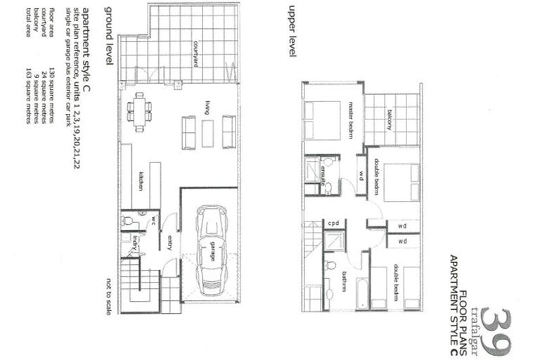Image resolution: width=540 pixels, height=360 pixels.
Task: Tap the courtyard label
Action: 195,53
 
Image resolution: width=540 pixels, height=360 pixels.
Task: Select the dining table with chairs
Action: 139,112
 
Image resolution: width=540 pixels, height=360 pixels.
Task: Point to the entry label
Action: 169,243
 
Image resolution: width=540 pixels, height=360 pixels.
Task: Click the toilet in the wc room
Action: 128,221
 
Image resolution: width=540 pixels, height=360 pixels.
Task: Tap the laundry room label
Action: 134,243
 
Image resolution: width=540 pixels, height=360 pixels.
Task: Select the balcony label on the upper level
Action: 388,120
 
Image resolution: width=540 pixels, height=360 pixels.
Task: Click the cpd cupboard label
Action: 334,224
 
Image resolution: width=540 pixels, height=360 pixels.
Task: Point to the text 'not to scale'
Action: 108,295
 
